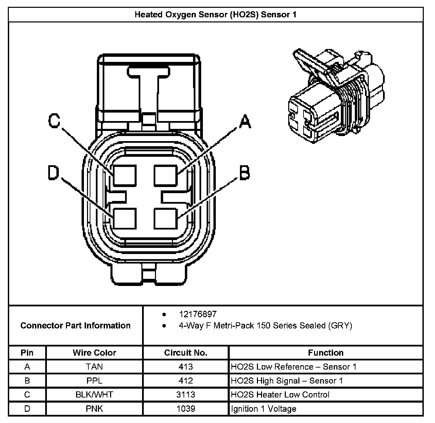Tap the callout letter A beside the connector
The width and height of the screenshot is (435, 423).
245,121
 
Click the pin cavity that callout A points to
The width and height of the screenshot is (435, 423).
166,175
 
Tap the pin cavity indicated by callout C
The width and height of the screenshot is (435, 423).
125,175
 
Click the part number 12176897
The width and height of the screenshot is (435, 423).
197,314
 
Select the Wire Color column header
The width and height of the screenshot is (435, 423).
94,353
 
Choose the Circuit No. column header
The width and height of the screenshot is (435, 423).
186,353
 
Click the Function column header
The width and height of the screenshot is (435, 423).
326,353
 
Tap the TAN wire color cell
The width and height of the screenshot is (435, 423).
94,367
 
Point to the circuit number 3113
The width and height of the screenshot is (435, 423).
186,395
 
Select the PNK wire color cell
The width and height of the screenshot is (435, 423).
94,409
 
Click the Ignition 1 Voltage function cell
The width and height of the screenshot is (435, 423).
263,409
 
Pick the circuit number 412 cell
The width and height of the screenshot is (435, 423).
186,381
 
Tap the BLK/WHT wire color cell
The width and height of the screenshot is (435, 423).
94,395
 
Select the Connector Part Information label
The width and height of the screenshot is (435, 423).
75,325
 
